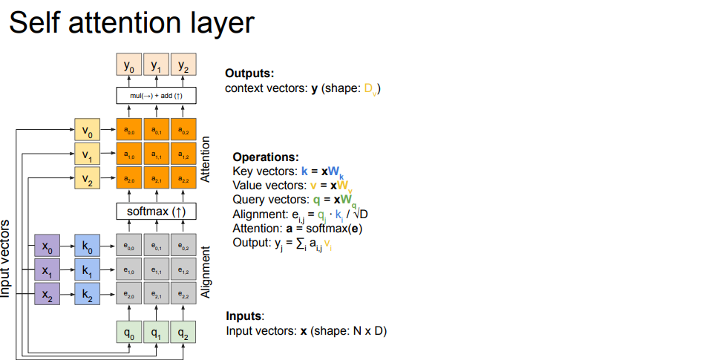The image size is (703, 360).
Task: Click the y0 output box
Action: click(x=129, y=65)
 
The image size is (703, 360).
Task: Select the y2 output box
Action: click(x=183, y=65)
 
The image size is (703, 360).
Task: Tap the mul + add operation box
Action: click(x=156, y=96)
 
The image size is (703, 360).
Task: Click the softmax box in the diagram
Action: click(x=156, y=212)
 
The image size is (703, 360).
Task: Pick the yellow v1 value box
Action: click(x=87, y=155)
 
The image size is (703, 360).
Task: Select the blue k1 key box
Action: click(x=87, y=271)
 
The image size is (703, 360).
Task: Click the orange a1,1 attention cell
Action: click(x=156, y=155)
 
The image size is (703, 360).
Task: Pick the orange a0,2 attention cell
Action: click(x=183, y=130)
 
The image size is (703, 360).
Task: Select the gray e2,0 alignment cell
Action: click(x=129, y=295)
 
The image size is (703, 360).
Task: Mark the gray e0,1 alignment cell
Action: click(x=156, y=246)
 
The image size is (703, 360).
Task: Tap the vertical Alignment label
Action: click(x=206, y=273)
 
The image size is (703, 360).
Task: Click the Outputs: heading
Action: click(x=249, y=73)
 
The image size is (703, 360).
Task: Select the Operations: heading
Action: click(x=265, y=157)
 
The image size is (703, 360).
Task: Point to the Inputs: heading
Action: click(x=245, y=315)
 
